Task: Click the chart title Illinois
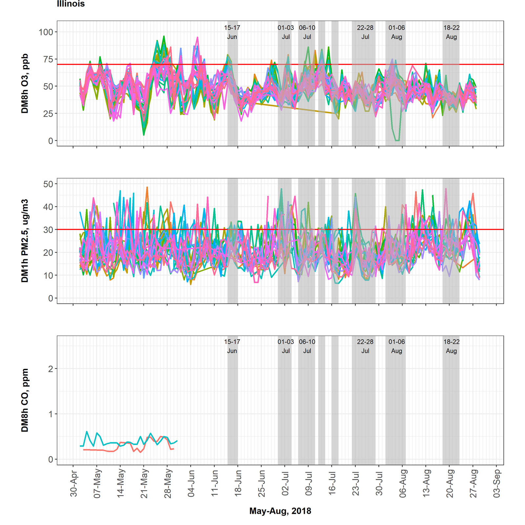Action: pyautogui.click(x=71, y=4)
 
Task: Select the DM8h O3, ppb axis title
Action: pyautogui.click(x=25, y=84)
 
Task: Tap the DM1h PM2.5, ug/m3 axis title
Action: pyautogui.click(x=25, y=241)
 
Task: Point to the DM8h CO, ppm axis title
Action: pyautogui.click(x=25, y=400)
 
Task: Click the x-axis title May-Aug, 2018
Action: pyautogui.click(x=280, y=511)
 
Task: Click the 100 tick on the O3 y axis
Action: pyautogui.click(x=46, y=32)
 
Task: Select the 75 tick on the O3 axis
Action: pyautogui.click(x=48, y=59)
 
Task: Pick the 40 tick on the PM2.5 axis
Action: pyautogui.click(x=48, y=207)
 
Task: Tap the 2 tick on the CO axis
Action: pyautogui.click(x=50, y=369)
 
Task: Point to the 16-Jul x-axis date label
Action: pyautogui.click(x=332, y=484)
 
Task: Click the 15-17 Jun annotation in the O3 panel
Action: pyautogui.click(x=232, y=32)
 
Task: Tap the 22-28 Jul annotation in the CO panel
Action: pyautogui.click(x=365, y=346)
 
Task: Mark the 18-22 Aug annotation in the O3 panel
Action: pyautogui.click(x=451, y=32)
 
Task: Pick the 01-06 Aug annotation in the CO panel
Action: pyautogui.click(x=397, y=346)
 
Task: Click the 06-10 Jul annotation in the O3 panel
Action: pyautogui.click(x=307, y=32)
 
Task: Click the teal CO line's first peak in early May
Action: pyautogui.click(x=87, y=431)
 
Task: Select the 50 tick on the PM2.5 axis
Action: pyautogui.click(x=48, y=184)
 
